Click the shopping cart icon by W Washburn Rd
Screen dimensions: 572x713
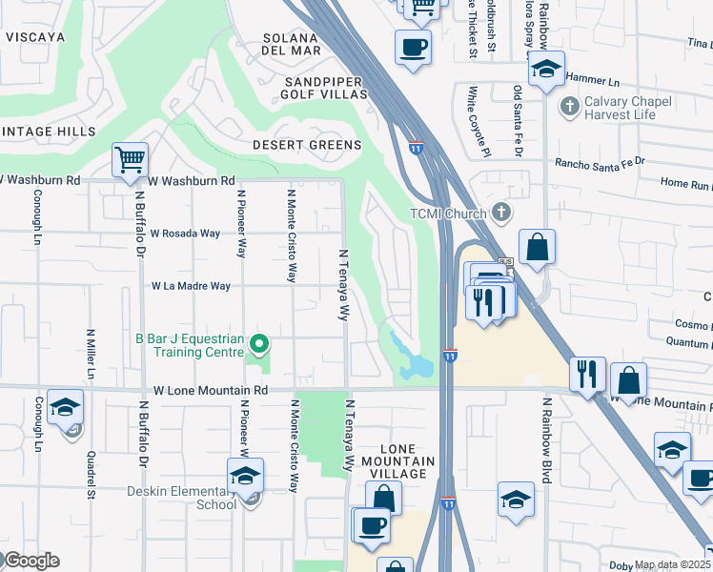tap(129, 160)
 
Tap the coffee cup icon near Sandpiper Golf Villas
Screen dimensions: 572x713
tap(413, 47)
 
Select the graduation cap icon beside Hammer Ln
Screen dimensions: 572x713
tap(546, 70)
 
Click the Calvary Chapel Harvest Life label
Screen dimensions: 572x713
tap(628, 108)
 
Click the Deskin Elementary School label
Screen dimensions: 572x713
tap(182, 498)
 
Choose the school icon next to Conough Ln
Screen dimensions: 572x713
tap(65, 408)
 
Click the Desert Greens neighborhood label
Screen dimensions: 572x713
tap(307, 145)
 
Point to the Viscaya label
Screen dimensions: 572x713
tap(34, 37)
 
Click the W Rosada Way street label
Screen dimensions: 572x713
tap(185, 233)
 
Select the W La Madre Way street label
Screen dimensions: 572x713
tap(191, 286)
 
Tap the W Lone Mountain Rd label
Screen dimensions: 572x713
tap(211, 391)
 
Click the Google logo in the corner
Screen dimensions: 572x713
tap(31, 561)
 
